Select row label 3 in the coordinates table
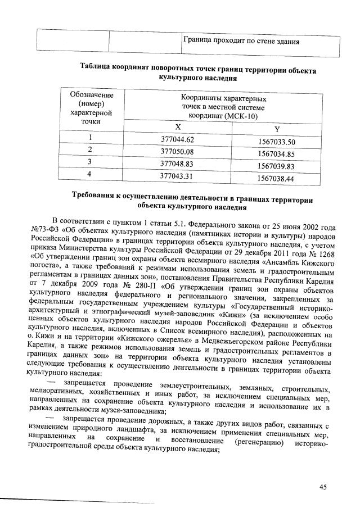point(89,162)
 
